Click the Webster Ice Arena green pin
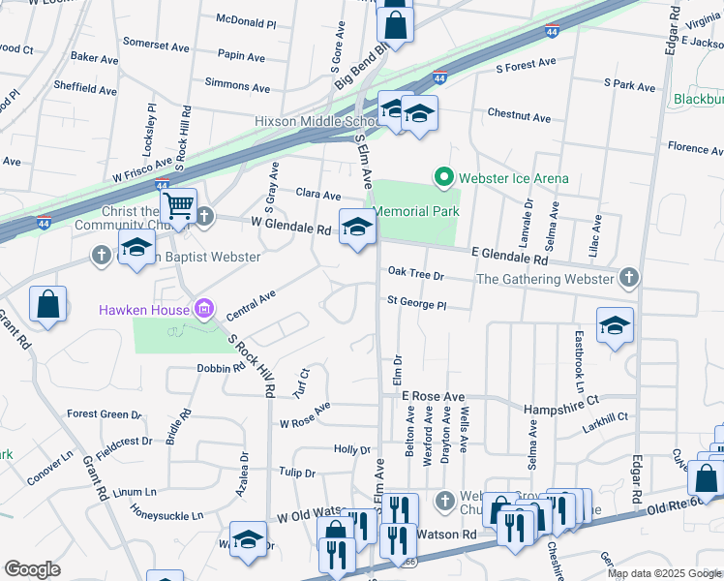click(x=444, y=177)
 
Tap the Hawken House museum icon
click(x=203, y=309)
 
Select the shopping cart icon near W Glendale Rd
click(x=178, y=206)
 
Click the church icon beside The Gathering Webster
click(x=629, y=279)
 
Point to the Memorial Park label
click(x=415, y=211)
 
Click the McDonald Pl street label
click(x=246, y=19)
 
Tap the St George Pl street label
click(x=416, y=304)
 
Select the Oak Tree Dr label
click(x=415, y=275)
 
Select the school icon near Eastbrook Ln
click(x=615, y=326)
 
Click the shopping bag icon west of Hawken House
click(x=47, y=304)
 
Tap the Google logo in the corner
click(x=32, y=569)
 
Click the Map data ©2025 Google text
click(x=663, y=573)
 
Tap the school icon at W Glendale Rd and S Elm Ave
click(x=357, y=229)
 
